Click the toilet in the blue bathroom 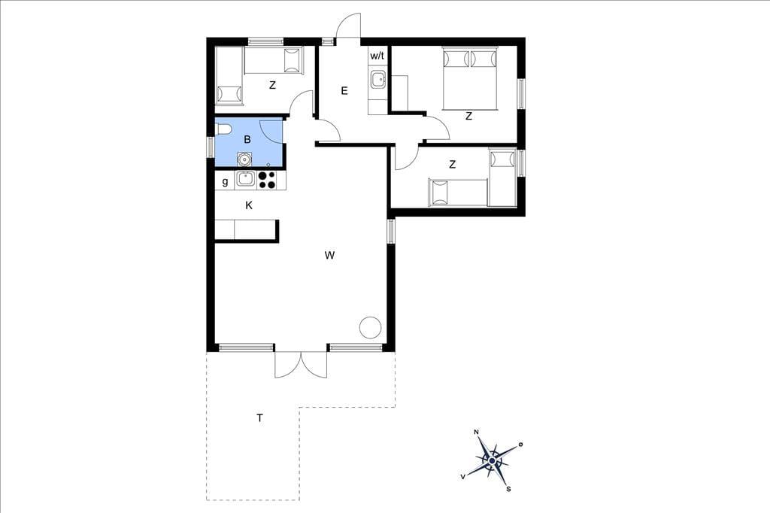point(223,129)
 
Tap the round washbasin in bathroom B point(244,159)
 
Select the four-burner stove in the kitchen point(267,180)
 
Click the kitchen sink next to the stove point(246,180)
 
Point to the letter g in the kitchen point(225,182)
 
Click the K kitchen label point(249,205)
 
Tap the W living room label point(329,255)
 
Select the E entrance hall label point(344,90)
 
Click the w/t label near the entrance point(377,56)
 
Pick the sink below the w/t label point(377,79)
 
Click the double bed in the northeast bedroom point(470,78)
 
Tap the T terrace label point(259,418)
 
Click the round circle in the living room point(370,327)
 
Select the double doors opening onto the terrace point(301,365)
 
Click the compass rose point(492,460)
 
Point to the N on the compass point(476,432)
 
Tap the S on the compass point(509,489)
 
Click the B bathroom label point(247,140)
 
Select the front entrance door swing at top point(348,25)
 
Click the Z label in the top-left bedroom point(272,86)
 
